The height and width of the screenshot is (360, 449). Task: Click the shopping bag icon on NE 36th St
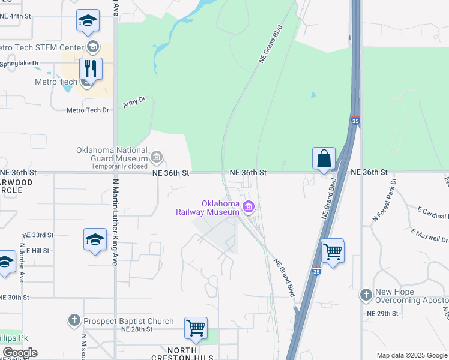(324, 158)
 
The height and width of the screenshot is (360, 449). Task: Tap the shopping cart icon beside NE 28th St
(196, 328)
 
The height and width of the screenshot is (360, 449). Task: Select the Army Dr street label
(134, 102)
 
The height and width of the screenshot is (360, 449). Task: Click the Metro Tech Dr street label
(88, 110)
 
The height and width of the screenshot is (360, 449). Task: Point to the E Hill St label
(37, 250)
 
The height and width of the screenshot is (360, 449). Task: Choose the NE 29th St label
(382, 313)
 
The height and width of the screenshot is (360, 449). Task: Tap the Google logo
(20, 353)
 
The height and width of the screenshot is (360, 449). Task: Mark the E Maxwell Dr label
(430, 234)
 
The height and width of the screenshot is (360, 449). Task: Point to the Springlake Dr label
(19, 62)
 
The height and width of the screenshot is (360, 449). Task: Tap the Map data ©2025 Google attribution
(411, 355)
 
